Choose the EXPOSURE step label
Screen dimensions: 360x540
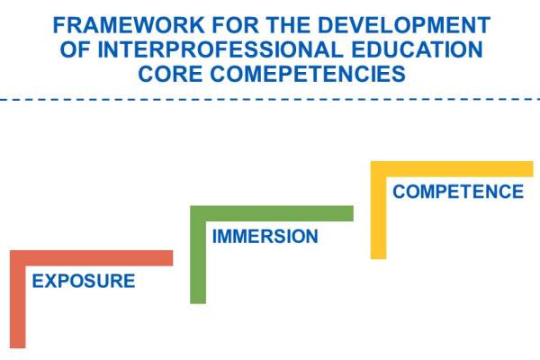83,282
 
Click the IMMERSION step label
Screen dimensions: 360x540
265,237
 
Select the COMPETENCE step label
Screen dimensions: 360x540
457,192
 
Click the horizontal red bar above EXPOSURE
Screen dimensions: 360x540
90,257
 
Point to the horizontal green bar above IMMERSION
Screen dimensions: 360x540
271,212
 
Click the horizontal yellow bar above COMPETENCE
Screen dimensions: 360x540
451,169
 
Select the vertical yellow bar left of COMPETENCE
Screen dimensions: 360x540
378,211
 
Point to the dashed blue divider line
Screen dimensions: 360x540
270,99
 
